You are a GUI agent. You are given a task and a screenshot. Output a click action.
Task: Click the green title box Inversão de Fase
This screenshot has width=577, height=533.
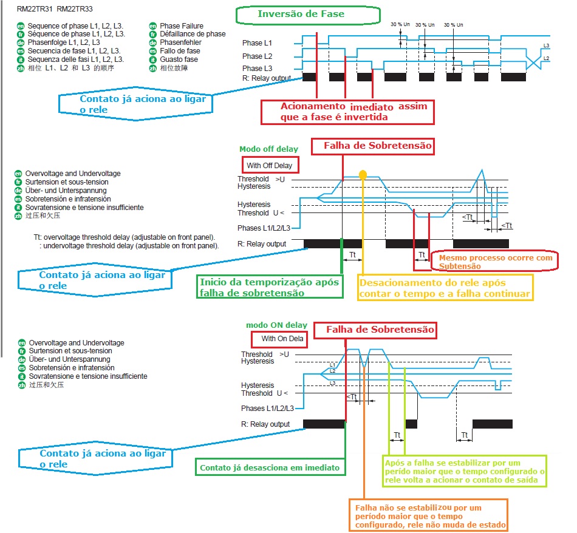(x=308, y=15)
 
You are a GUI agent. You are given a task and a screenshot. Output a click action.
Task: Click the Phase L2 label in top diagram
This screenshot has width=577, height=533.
(x=257, y=56)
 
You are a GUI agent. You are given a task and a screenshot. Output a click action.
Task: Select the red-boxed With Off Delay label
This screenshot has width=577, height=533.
(x=270, y=165)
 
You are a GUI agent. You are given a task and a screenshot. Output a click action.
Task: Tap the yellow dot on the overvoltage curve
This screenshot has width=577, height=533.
(x=363, y=174)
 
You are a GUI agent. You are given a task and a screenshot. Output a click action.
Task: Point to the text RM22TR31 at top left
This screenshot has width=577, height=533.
(x=35, y=9)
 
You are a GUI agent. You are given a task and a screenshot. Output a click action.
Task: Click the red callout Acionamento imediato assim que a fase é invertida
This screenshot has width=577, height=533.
(x=347, y=112)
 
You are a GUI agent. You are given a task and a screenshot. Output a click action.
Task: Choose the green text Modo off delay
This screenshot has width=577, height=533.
(x=268, y=149)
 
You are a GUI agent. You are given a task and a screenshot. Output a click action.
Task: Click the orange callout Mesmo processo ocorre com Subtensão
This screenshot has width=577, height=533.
(x=494, y=262)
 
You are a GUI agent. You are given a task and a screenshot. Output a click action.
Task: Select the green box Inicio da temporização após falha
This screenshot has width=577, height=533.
(x=269, y=287)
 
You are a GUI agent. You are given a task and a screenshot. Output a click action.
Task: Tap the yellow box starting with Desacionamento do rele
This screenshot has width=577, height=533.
(x=445, y=288)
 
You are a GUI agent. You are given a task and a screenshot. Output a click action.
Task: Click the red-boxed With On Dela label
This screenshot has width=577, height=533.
(x=279, y=339)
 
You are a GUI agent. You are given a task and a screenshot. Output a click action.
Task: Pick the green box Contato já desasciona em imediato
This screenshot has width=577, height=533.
(x=270, y=467)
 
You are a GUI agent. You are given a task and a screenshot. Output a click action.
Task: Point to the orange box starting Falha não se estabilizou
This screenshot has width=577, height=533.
(x=428, y=515)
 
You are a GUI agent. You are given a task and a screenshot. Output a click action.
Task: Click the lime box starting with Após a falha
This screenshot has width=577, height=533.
(x=465, y=471)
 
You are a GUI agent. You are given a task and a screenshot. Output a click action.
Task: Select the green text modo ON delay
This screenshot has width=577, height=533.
(x=276, y=325)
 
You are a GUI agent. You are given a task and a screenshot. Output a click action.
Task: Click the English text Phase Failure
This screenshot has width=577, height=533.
(x=182, y=25)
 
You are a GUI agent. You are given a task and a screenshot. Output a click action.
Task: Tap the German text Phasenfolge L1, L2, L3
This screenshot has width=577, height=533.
(x=64, y=42)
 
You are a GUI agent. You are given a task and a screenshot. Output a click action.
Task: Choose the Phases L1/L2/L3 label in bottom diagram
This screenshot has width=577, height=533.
(x=267, y=409)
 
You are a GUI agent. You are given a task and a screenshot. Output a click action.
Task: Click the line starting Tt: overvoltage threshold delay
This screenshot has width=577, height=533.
(x=125, y=237)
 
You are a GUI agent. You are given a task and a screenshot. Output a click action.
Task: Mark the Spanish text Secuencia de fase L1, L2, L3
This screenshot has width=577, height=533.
(x=74, y=51)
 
